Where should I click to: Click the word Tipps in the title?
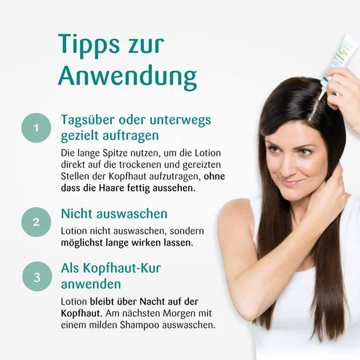pyautogui.click(x=89, y=45)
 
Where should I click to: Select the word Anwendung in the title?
pyautogui.click(x=128, y=77)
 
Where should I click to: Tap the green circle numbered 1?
pyautogui.click(x=36, y=128)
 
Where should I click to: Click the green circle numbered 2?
pyautogui.click(x=36, y=222)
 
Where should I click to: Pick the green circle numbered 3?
pyautogui.click(x=37, y=277)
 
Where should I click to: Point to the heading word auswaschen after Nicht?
pyautogui.click(x=132, y=214)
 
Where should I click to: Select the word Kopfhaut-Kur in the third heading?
pyautogui.click(x=122, y=268)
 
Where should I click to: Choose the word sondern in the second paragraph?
pyautogui.click(x=187, y=231)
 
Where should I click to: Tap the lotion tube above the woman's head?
pyautogui.click(x=339, y=60)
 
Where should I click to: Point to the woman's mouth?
pyautogui.click(x=290, y=183)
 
